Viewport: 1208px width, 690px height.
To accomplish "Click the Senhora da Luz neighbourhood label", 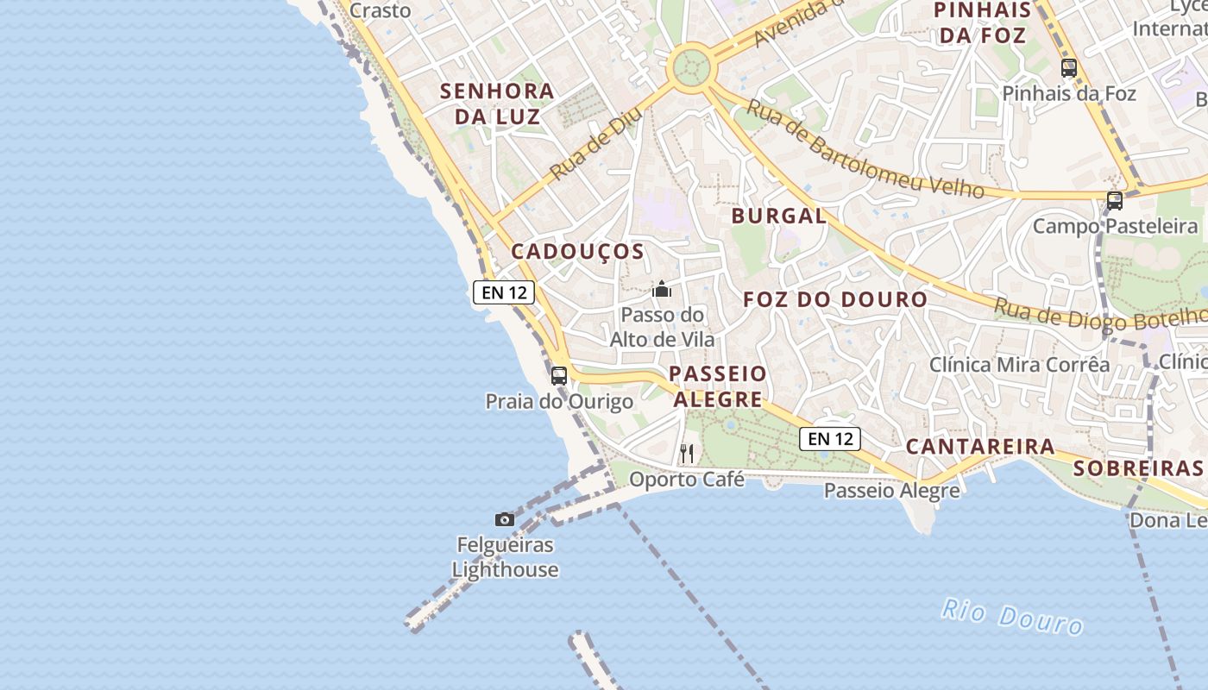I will click(497, 103).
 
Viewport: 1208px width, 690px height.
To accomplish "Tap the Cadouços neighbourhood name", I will click(577, 251).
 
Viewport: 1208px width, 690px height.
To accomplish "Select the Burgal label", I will click(778, 216).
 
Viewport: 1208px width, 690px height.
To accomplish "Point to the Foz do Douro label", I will click(835, 299).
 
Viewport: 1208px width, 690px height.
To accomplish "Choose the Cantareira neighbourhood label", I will click(979, 446).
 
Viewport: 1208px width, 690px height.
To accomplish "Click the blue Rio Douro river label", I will click(1011, 616).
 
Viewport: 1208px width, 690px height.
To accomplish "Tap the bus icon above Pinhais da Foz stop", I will click(1068, 67).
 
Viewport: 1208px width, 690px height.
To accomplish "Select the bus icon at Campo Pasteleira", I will click(1114, 201).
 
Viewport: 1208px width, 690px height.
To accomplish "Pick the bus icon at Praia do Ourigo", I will click(559, 375).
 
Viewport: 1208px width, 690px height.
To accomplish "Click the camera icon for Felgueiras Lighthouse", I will click(505, 519).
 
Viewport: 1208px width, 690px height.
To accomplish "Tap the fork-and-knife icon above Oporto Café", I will click(687, 453).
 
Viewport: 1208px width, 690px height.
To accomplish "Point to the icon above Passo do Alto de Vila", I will click(662, 289).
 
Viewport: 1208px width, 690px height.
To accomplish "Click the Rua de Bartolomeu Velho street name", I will click(865, 148).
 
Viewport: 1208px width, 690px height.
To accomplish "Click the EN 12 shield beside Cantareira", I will click(830, 439).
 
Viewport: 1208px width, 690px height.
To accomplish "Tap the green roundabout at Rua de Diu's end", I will click(691, 66).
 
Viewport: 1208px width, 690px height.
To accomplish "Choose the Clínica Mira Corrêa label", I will click(1019, 364).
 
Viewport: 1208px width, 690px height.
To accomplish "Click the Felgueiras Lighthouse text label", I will click(505, 557).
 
